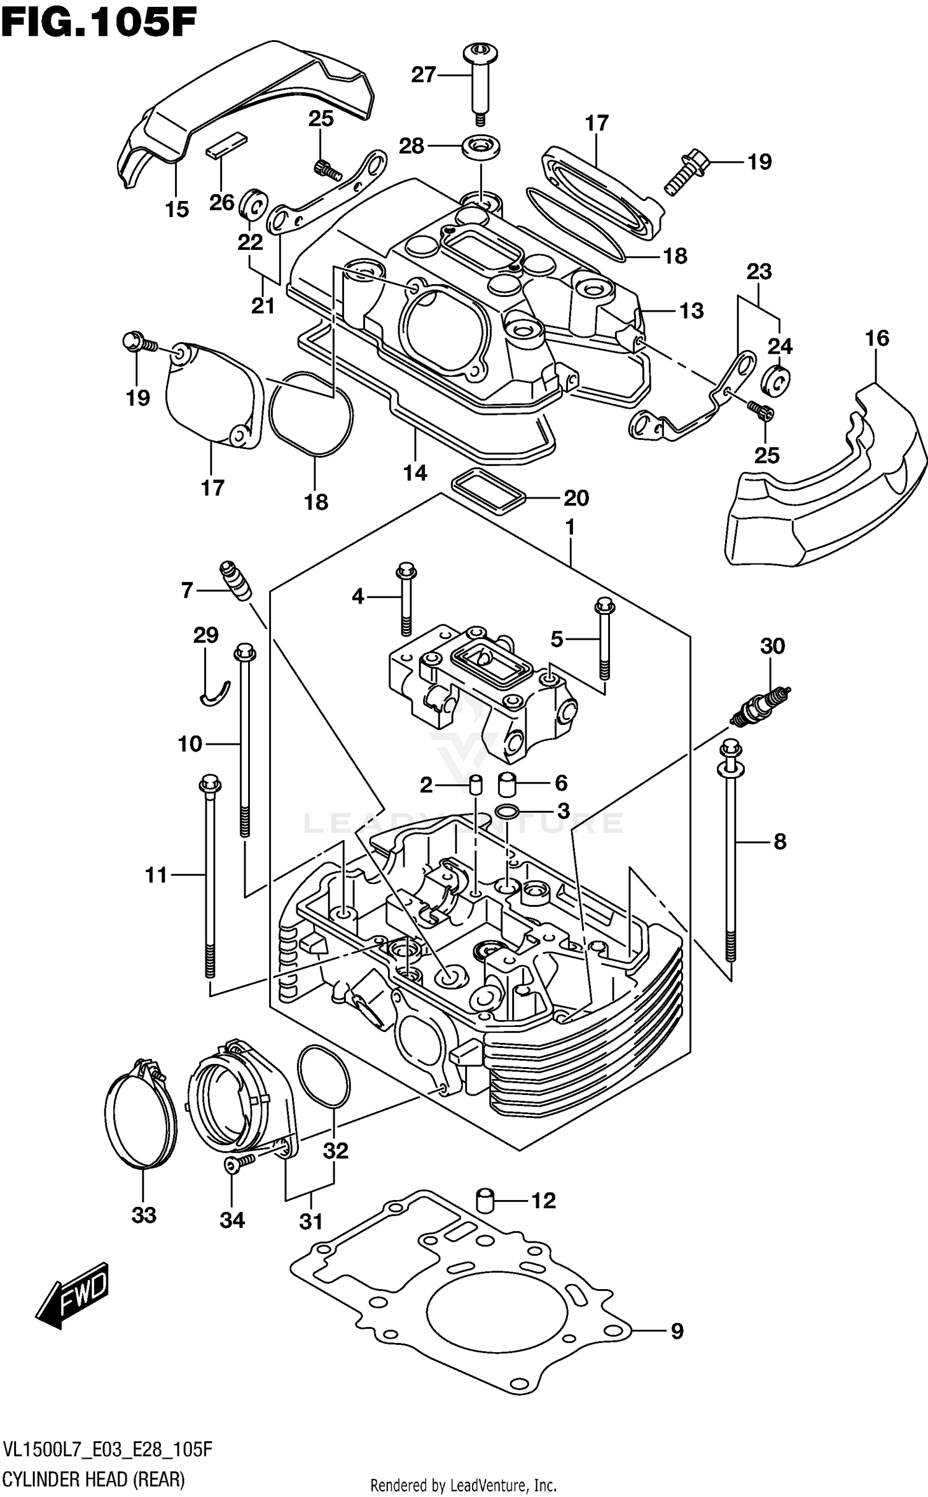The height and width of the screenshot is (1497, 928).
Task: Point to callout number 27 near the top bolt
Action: pos(424,75)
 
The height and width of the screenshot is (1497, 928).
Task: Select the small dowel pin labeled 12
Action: pos(486,1199)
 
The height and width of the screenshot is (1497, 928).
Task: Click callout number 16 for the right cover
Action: pos(877,338)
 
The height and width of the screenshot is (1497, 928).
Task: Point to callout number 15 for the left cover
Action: pos(176,209)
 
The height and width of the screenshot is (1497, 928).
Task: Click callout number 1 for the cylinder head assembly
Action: pos(570,527)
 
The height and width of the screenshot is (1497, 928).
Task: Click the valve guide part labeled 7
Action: pos(236,579)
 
